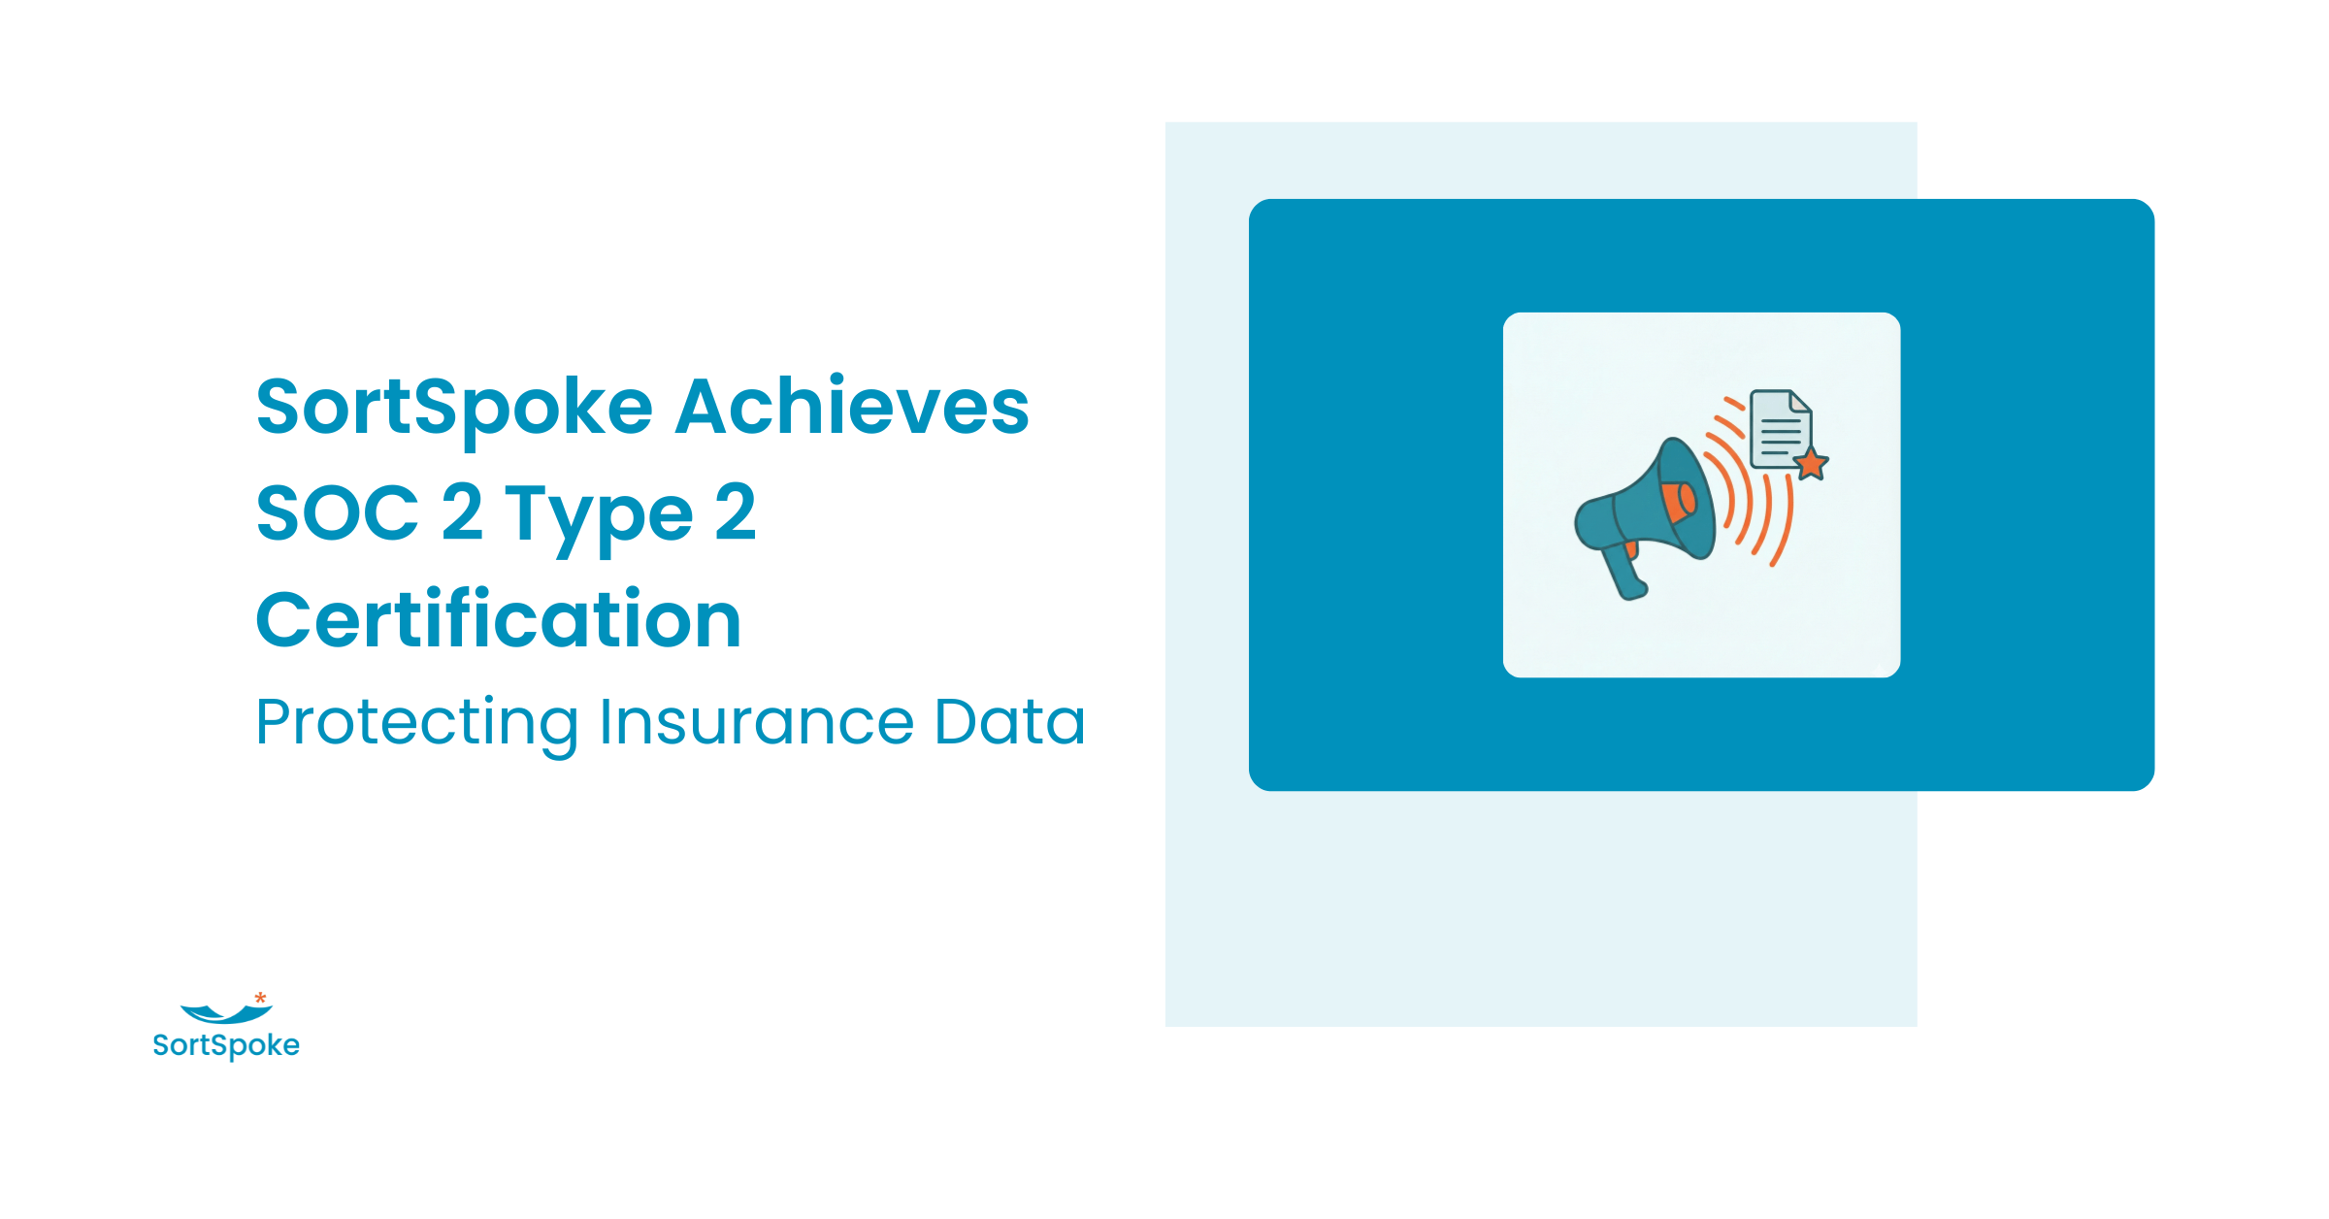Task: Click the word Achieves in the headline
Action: (x=852, y=406)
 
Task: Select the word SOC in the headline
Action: (x=338, y=512)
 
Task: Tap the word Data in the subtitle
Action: (x=1009, y=722)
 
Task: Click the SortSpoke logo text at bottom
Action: (x=226, y=1045)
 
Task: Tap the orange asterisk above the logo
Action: (x=260, y=998)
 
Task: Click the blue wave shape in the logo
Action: (x=226, y=1015)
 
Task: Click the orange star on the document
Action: (x=1810, y=464)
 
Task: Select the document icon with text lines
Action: (x=1781, y=429)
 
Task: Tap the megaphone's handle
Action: (x=1624, y=572)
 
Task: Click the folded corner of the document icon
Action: (x=1801, y=401)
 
